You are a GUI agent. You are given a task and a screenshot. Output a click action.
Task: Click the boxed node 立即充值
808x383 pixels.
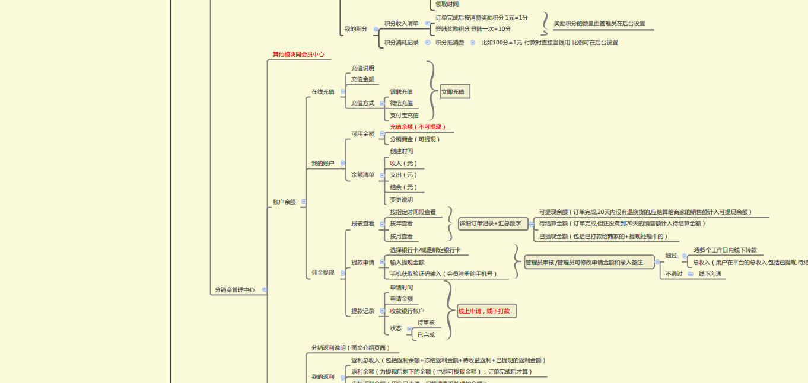pos(455,92)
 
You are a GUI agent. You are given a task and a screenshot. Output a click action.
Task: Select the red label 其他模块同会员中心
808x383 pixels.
pos(298,55)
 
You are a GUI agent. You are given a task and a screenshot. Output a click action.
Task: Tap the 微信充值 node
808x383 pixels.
pos(401,103)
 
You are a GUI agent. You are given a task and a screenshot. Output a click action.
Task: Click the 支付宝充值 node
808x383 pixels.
pos(404,116)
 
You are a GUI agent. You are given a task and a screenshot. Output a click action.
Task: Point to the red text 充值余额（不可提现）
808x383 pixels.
pos(418,127)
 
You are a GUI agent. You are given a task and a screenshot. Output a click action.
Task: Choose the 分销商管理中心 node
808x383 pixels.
pos(234,290)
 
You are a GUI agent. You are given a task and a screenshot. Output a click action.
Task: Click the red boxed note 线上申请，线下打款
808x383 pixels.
pos(487,311)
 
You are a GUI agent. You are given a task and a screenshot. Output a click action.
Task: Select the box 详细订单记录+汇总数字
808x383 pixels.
pos(490,224)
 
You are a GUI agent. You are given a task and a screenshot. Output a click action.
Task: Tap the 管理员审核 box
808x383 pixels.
pos(589,263)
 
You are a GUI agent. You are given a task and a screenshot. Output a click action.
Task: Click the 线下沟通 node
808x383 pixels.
pos(710,274)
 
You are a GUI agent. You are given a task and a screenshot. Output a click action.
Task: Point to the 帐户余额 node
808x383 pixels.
pos(284,202)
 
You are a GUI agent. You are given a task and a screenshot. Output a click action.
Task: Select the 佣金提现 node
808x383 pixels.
pos(323,273)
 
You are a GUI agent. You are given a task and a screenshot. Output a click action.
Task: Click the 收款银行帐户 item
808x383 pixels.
pos(407,311)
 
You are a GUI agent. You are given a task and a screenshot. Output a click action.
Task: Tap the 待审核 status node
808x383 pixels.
pos(426,323)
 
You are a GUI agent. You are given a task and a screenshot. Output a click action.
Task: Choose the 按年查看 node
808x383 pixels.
pos(401,224)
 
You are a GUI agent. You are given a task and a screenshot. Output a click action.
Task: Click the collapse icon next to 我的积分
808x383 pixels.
pos(376,29)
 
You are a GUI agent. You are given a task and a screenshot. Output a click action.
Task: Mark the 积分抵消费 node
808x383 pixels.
pos(450,43)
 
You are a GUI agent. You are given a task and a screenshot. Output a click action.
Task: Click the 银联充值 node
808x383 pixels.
pos(401,92)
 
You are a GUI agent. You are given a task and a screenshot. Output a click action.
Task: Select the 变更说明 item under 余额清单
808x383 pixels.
pos(401,200)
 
